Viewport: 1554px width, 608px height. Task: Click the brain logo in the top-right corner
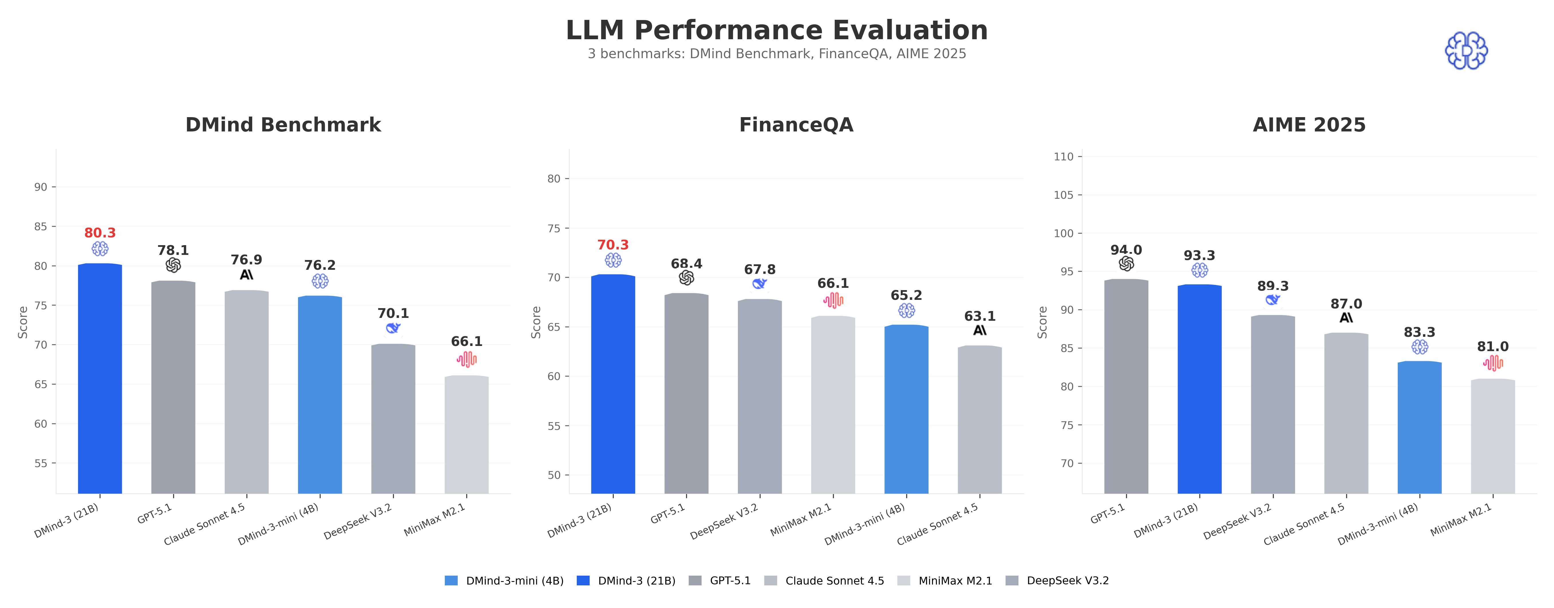(x=1466, y=51)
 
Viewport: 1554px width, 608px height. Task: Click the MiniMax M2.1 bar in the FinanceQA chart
(x=833, y=405)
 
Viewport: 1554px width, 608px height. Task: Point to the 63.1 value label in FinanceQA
(x=980, y=316)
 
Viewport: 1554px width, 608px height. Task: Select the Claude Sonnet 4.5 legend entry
(x=824, y=581)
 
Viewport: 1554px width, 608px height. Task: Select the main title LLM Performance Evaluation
(x=776, y=30)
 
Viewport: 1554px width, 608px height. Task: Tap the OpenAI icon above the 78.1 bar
(x=173, y=265)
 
